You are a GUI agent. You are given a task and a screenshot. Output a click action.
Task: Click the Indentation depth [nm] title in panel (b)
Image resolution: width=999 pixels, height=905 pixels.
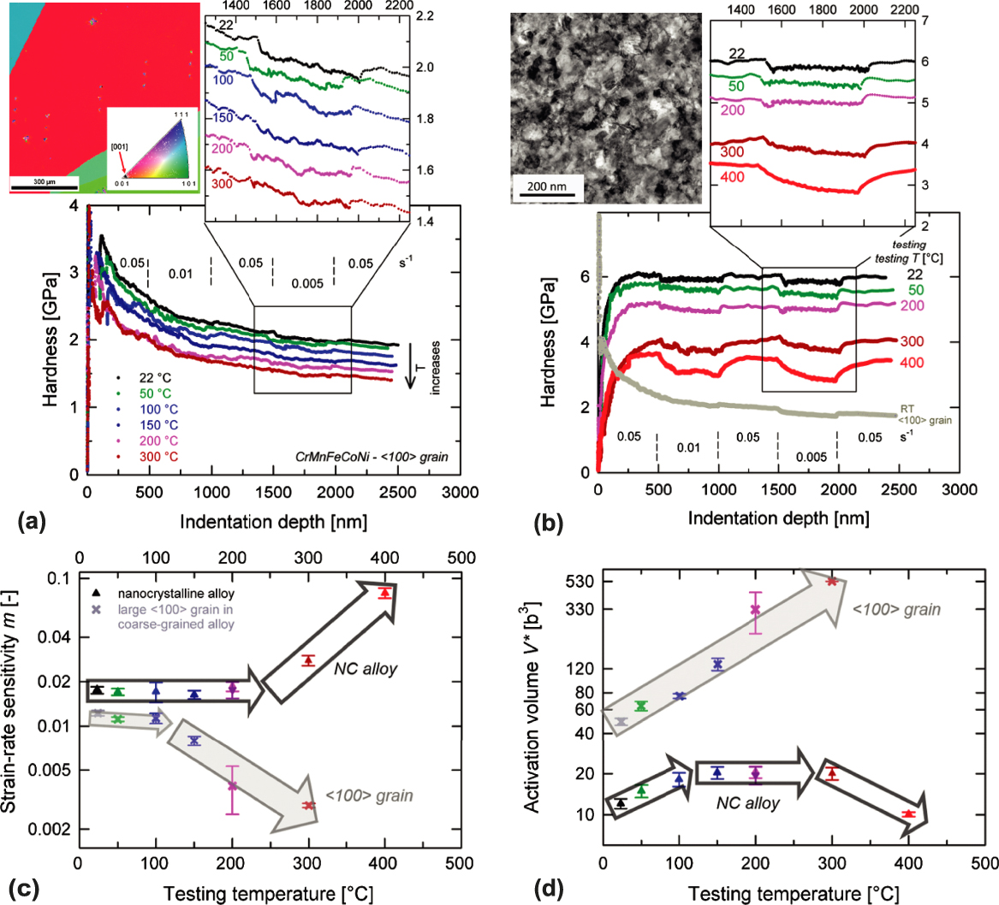[x=758, y=519]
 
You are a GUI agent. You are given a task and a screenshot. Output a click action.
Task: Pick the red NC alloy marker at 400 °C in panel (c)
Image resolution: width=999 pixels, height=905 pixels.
[x=385, y=592]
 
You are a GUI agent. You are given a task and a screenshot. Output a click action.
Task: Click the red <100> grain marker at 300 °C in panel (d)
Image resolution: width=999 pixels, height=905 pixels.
[x=831, y=581]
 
